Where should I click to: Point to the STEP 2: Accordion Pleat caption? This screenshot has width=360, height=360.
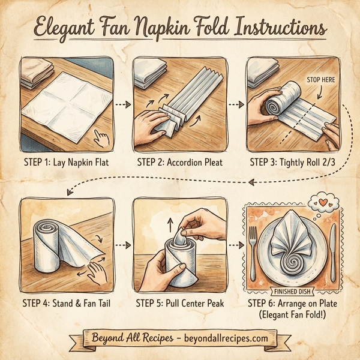[180, 161]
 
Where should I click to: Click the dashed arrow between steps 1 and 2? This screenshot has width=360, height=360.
[122, 104]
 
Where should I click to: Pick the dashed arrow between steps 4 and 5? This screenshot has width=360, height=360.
[122, 245]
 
